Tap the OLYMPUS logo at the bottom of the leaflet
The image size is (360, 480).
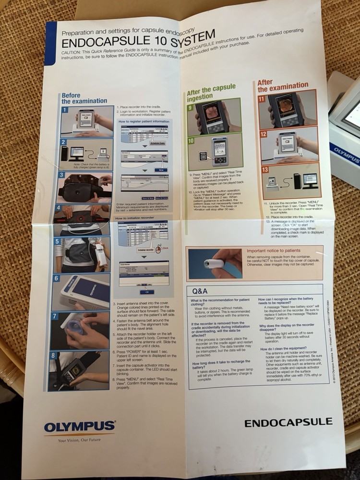coord(79,426)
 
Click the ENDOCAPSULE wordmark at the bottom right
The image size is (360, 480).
coord(288,422)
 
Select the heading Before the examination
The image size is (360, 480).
coord(84,98)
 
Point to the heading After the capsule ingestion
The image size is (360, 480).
coord(211,93)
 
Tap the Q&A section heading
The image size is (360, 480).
coord(200,291)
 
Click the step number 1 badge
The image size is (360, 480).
coord(65,110)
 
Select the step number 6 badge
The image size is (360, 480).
coord(57,278)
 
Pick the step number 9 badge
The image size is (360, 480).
coord(191,108)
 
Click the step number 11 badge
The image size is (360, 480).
coord(262,99)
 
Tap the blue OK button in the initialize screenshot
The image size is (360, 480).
coord(146,291)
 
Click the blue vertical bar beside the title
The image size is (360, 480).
coord(50,44)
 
